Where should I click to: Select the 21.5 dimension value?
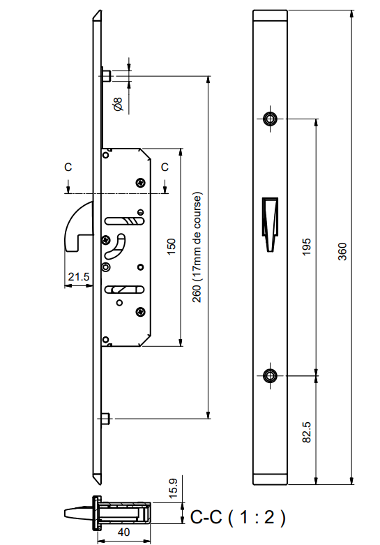tap(78, 277)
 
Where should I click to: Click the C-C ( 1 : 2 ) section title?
tap(238, 517)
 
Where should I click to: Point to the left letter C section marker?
tap(68, 167)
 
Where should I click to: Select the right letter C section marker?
tap(165, 167)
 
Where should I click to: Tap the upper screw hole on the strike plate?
tap(270, 119)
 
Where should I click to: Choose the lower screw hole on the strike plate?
tap(270, 376)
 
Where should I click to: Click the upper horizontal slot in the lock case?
tap(123, 221)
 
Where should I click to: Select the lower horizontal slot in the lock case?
tap(123, 289)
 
